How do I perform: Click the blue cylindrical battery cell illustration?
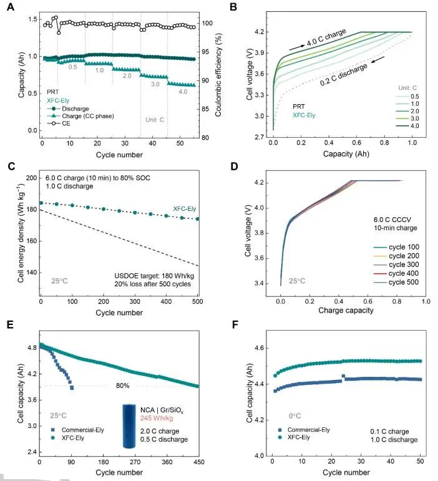[130, 427]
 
